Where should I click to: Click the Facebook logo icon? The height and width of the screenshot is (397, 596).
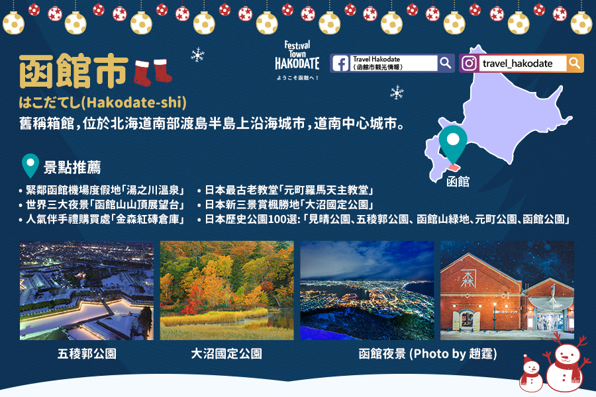pyautogui.click(x=340, y=63)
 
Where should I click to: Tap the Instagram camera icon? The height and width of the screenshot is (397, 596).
pyautogui.click(x=469, y=63)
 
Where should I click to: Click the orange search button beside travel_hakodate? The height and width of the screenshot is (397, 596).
pyautogui.click(x=575, y=63)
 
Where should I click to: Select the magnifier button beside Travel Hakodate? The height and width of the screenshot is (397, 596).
pyautogui.click(x=446, y=63)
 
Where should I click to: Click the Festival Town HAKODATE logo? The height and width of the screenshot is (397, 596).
pyautogui.click(x=297, y=60)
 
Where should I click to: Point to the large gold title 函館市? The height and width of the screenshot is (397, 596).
pyautogui.click(x=74, y=71)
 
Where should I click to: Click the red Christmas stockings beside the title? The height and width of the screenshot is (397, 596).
pyautogui.click(x=153, y=72)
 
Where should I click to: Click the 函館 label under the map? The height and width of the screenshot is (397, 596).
pyautogui.click(x=458, y=181)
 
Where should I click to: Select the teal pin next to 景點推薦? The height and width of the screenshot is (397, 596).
pyautogui.click(x=30, y=165)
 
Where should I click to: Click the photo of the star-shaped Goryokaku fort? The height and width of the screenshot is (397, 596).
pyautogui.click(x=87, y=290)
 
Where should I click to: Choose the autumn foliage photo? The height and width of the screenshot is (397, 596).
pyautogui.click(x=227, y=290)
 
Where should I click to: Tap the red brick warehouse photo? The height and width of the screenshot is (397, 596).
pyautogui.click(x=507, y=290)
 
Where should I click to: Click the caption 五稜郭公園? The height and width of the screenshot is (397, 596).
pyautogui.click(x=87, y=354)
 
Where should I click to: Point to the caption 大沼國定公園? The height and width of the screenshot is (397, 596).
pyautogui.click(x=226, y=354)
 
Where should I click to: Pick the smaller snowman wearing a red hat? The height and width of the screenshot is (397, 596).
pyautogui.click(x=531, y=374)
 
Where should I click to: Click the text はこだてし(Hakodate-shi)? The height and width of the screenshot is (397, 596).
pyautogui.click(x=103, y=103)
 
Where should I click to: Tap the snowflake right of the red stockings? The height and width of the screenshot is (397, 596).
pyautogui.click(x=197, y=55)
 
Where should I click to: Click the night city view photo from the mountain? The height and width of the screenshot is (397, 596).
pyautogui.click(x=367, y=290)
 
